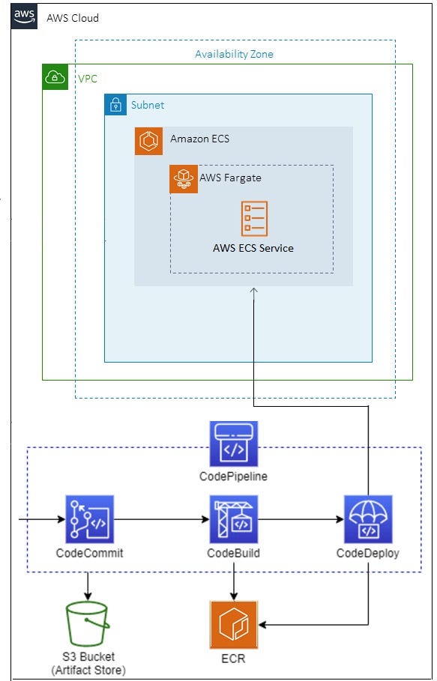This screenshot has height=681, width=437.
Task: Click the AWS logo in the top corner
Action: point(25,16)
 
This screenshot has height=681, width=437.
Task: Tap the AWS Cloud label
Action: point(73,18)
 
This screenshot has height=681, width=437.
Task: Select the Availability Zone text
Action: point(234,54)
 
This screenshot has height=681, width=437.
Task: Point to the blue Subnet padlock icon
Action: point(116,105)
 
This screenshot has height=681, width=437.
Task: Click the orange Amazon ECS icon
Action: point(148,141)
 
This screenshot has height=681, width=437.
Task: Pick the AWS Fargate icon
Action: point(184,179)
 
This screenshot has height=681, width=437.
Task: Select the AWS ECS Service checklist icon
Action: point(253,220)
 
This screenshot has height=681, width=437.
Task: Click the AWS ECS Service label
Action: point(253,248)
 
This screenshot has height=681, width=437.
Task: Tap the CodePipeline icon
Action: point(233,444)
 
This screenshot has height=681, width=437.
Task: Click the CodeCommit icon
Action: point(89,518)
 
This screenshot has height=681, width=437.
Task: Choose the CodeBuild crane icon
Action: point(233,518)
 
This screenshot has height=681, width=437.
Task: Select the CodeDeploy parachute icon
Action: point(367,518)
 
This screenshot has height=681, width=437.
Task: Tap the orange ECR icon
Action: point(233,624)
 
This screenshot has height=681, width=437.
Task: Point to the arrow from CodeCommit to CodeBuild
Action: point(161,518)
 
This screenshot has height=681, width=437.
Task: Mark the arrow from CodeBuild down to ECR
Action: point(233,584)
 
